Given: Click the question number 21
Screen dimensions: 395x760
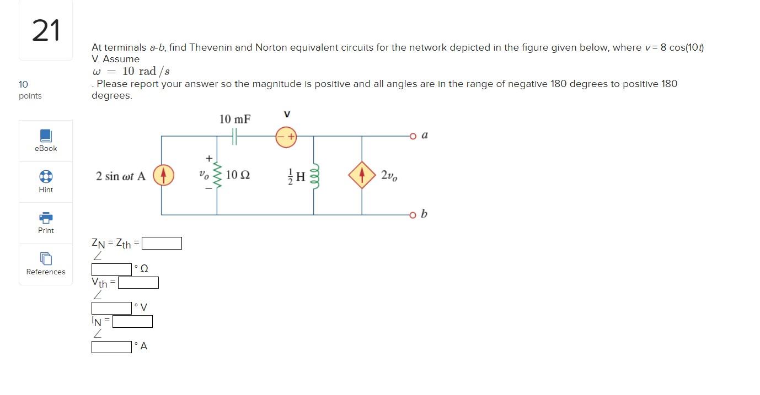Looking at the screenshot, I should tap(46, 30).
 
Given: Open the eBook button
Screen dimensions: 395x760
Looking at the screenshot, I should tap(46, 140).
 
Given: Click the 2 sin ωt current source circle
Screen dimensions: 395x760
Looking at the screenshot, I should tap(163, 175).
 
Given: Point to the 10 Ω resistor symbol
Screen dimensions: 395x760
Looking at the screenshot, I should tap(217, 175).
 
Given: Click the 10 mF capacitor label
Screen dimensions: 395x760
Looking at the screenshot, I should tap(235, 119).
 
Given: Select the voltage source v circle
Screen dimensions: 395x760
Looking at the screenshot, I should tap(286, 137).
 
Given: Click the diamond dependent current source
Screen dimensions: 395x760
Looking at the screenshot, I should tap(362, 175).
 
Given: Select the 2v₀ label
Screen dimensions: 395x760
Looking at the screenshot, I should tap(388, 175).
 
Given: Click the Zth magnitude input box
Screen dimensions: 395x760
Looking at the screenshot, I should tap(162, 243).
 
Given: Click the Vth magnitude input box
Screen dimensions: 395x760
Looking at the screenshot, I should tap(138, 283).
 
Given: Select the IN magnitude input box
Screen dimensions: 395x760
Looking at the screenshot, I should tap(132, 321).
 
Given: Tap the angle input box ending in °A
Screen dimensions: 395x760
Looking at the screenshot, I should tap(111, 347).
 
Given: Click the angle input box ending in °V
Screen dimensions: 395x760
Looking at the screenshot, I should tap(111, 308).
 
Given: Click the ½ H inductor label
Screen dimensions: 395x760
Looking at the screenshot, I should tap(297, 176).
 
